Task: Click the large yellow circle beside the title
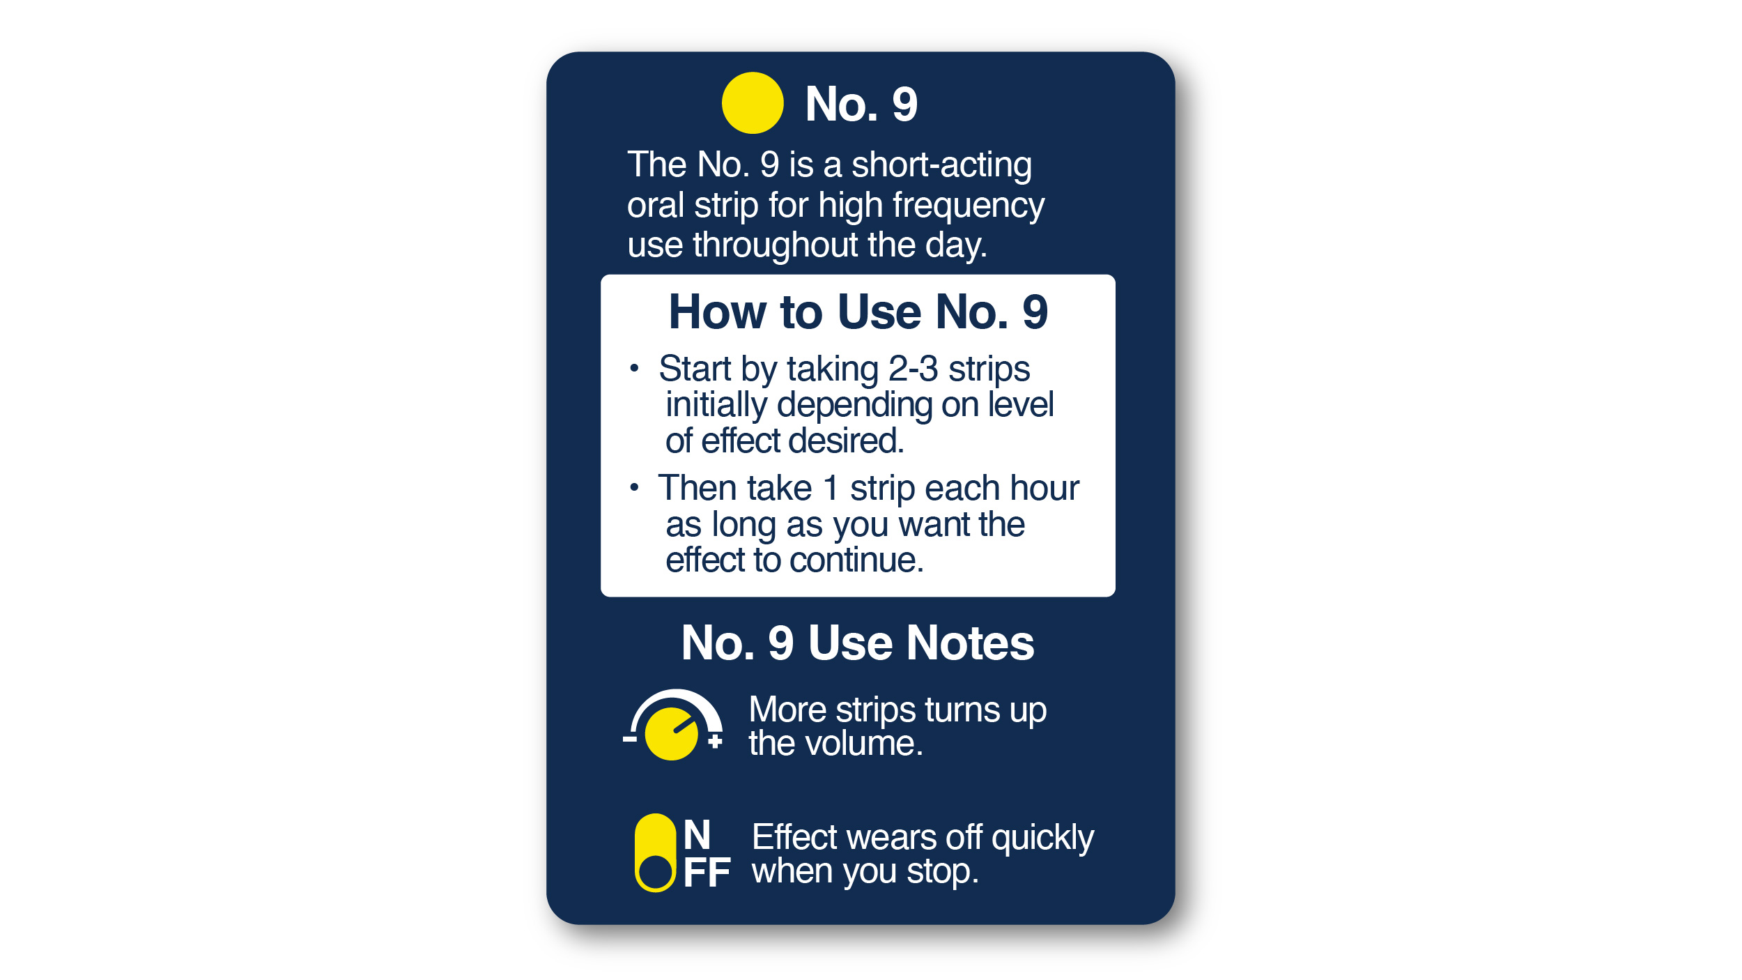[x=753, y=103]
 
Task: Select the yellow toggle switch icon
[x=655, y=852]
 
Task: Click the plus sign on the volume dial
[x=715, y=741]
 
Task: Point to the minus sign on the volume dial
[x=629, y=739]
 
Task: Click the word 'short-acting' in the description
[x=941, y=165]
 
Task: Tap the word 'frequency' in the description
[x=969, y=206]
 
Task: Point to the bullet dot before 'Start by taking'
[x=634, y=368]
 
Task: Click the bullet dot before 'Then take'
[x=634, y=487]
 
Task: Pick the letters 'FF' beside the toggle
[x=707, y=873]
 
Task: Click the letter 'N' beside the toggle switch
[x=697, y=834]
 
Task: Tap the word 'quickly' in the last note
[x=1042, y=838]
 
